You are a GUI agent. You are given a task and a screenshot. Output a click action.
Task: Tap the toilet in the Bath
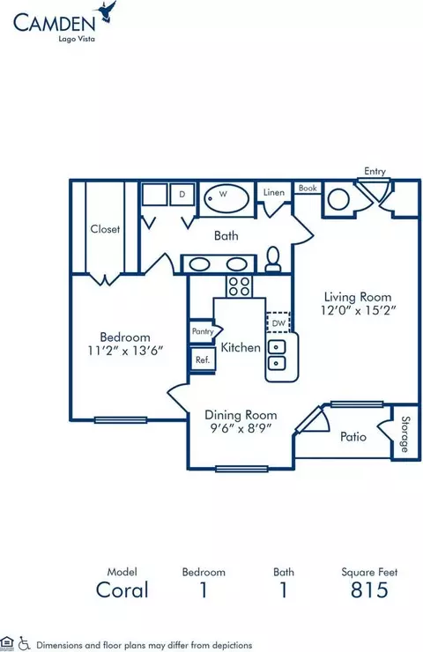pyautogui.click(x=273, y=259)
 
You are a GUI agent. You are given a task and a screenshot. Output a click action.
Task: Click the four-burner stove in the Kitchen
pyautogui.click(x=239, y=286)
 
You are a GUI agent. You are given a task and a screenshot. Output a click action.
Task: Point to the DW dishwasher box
pyautogui.click(x=278, y=322)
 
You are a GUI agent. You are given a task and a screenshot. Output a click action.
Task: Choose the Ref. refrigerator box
pyautogui.click(x=203, y=359)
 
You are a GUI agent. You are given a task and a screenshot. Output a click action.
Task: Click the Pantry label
pyautogui.click(x=203, y=331)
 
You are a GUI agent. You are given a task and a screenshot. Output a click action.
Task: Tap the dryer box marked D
pyautogui.click(x=182, y=194)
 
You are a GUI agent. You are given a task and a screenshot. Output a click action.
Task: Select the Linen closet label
pyautogui.click(x=274, y=193)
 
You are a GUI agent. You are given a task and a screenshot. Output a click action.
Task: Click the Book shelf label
pyautogui.click(x=308, y=188)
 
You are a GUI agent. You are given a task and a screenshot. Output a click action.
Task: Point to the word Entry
pyautogui.click(x=375, y=171)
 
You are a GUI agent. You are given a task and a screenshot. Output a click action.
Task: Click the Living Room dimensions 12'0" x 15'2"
pyautogui.click(x=358, y=310)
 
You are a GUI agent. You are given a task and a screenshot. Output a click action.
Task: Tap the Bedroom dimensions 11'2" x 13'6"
pyautogui.click(x=125, y=351)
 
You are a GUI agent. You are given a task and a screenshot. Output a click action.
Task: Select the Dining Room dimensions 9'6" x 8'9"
pyautogui.click(x=241, y=428)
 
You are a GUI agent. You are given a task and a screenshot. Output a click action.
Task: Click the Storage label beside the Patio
pyautogui.click(x=404, y=434)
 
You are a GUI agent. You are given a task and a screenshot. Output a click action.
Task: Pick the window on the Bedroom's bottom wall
pyautogui.click(x=121, y=420)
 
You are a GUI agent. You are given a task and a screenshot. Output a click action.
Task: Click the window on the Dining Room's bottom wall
pyautogui.click(x=241, y=469)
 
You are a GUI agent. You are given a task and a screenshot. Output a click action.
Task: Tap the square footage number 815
pyautogui.click(x=369, y=589)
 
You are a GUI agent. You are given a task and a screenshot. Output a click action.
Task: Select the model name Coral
pyautogui.click(x=122, y=589)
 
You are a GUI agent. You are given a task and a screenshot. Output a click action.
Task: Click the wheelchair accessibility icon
pyautogui.click(x=25, y=643)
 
